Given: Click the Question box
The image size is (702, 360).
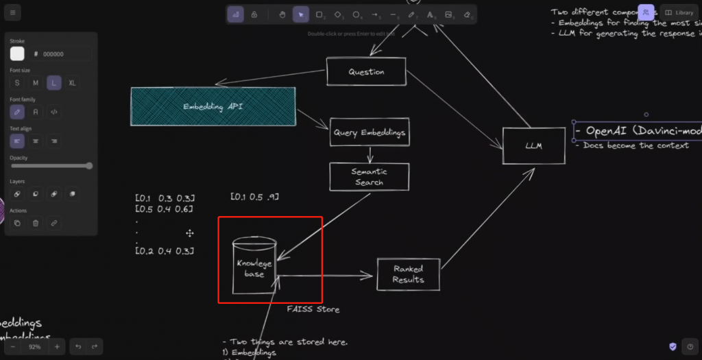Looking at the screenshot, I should [366, 72].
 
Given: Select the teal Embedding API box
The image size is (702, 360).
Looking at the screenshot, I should [213, 106].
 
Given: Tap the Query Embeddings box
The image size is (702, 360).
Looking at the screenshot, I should [370, 132].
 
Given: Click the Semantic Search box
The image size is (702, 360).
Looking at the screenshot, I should [369, 177].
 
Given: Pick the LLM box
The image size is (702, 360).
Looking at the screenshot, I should [534, 145].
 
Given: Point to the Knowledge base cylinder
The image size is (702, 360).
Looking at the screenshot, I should [254, 267].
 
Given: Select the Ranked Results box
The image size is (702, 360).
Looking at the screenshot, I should [409, 274].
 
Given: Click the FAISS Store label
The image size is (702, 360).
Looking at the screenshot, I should [313, 309].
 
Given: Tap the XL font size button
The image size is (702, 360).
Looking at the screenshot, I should [73, 83].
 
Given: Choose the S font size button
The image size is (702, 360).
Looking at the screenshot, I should [17, 83].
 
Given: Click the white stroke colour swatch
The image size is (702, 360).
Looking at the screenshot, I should [17, 53].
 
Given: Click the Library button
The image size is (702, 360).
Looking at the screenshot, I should [679, 13].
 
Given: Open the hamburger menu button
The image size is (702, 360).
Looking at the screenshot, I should [13, 13].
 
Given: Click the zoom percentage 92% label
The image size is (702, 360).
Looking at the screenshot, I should [35, 347].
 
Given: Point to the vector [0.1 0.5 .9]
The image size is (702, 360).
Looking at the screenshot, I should [254, 197].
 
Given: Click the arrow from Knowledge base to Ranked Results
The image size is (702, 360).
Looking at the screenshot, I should [326, 276].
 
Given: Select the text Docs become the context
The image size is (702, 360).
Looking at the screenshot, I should [636, 145].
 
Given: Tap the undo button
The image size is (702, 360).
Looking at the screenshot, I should [78, 347].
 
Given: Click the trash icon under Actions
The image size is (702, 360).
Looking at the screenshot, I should [36, 223].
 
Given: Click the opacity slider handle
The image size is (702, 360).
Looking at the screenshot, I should [88, 166].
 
